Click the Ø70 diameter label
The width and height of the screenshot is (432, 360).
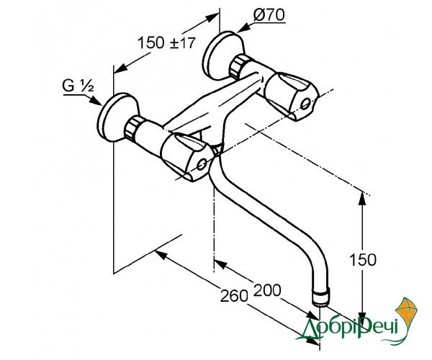(x=269, y=15)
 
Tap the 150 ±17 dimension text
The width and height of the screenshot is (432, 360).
(x=166, y=43)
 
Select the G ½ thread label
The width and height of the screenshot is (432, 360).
(x=78, y=86)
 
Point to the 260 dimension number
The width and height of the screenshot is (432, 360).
(x=234, y=296)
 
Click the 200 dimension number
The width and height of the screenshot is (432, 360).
(x=267, y=289)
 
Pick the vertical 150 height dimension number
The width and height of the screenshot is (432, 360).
(x=363, y=259)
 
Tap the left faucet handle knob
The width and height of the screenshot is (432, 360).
(x=186, y=156)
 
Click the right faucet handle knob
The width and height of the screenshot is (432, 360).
(x=291, y=96)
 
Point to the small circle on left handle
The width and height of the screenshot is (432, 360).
(x=202, y=164)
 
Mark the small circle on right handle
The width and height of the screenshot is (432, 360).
(x=305, y=104)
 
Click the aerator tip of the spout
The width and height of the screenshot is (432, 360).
(x=321, y=297)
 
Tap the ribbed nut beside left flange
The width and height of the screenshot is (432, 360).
(x=132, y=128)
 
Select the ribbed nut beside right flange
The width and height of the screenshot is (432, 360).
(x=238, y=67)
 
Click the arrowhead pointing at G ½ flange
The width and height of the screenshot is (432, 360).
(x=96, y=101)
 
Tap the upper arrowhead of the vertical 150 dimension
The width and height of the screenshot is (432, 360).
(x=363, y=199)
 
